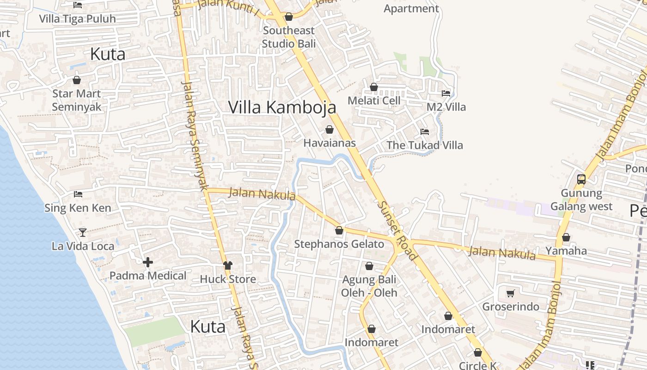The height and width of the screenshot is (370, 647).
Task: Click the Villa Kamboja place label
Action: click(282, 107)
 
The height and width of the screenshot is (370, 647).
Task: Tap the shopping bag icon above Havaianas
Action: click(330, 129)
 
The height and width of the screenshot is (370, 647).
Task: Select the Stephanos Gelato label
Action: click(339, 244)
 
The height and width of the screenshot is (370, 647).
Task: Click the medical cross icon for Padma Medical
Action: click(148, 263)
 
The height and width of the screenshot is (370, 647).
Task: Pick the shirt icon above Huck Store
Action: click(228, 265)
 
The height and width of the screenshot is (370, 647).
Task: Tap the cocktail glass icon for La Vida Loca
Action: click(83, 232)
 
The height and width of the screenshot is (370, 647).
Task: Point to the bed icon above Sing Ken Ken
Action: click(78, 194)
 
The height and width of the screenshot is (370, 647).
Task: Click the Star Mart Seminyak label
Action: click(77, 100)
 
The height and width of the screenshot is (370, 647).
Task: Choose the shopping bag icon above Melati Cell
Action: click(374, 87)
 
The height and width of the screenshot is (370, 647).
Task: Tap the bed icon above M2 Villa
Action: click(446, 93)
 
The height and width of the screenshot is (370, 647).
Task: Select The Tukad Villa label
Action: click(425, 145)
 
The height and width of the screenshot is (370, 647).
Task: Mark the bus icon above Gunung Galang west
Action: click(581, 179)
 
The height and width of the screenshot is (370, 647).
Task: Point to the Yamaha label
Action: click(566, 251)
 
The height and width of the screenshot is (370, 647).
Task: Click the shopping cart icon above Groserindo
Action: click(511, 293)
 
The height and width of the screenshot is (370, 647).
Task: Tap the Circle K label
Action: click(478, 366)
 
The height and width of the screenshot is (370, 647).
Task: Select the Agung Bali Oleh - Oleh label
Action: click(369, 286)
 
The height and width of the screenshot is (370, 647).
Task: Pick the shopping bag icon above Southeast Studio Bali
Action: click(289, 17)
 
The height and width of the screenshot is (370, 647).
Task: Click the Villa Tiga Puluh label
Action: click(78, 19)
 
